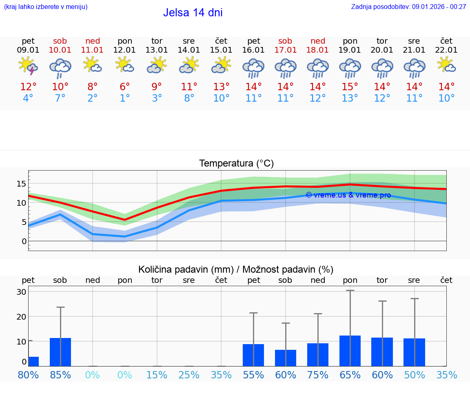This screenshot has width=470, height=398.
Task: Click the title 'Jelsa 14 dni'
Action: (x=193, y=13)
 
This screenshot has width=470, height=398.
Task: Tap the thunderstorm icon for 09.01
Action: (x=28, y=66)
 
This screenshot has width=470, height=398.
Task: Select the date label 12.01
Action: (x=124, y=50)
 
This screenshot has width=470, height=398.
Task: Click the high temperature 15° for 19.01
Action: (x=350, y=87)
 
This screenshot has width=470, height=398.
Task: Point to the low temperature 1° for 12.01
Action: (x=124, y=98)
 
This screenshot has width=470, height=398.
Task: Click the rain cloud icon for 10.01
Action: (x=60, y=68)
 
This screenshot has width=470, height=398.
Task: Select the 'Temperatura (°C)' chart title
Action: (x=236, y=164)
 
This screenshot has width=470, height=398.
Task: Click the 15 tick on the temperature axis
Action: (x=21, y=183)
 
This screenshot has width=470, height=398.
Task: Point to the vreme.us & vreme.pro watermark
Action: (x=348, y=195)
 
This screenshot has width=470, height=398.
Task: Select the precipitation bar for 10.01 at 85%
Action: (x=60, y=352)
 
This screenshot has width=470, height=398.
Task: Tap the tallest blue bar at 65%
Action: (x=350, y=351)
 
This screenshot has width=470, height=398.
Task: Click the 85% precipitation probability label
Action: (x=60, y=375)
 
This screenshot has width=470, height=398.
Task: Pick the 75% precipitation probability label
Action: (x=317, y=375)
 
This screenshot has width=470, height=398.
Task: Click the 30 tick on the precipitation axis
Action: (x=21, y=292)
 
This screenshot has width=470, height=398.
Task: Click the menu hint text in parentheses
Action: (x=46, y=7)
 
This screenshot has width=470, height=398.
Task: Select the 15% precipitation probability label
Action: (x=157, y=375)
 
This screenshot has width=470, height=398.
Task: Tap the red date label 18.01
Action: (x=317, y=50)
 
